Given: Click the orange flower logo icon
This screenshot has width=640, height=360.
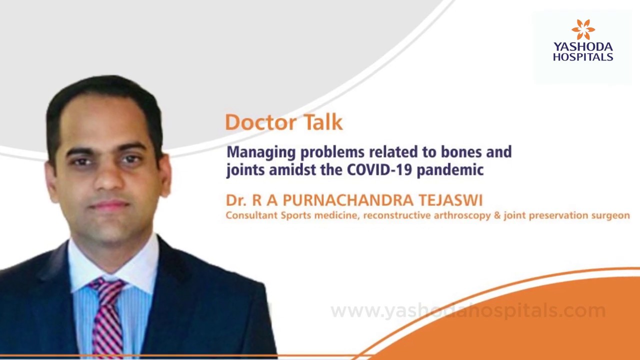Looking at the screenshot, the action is click(583, 29).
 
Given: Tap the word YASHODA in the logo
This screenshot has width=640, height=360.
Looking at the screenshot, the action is click(583, 47).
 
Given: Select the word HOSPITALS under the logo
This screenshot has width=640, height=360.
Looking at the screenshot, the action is click(583, 56).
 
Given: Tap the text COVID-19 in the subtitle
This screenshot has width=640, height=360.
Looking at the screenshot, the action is click(379, 169).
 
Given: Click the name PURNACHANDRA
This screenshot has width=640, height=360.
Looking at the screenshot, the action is click(348, 200).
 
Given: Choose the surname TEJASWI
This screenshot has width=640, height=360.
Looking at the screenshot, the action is click(450, 200).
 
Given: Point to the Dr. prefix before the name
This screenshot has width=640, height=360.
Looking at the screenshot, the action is click(236, 200).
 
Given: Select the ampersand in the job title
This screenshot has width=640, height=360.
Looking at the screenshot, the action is click(497, 215).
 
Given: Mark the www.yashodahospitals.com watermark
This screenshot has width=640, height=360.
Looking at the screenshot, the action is click(468, 311).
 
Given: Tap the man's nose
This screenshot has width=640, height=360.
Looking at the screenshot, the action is click(109, 176).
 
